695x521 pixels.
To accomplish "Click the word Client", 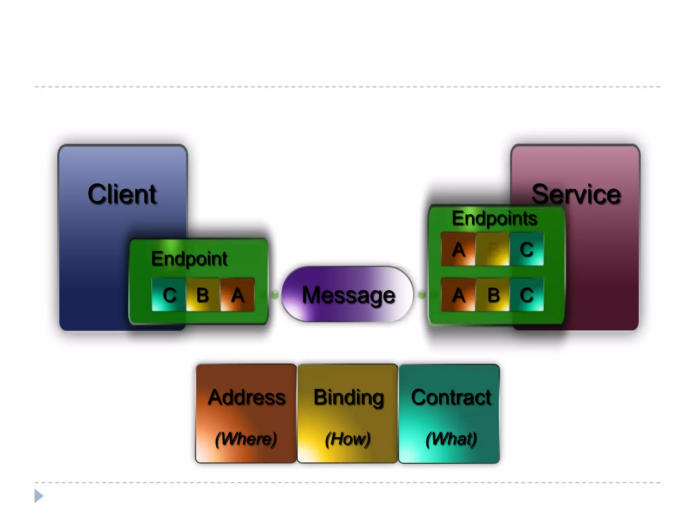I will [122, 194].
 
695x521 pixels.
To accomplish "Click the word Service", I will [576, 194].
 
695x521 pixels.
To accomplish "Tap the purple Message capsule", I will [347, 294].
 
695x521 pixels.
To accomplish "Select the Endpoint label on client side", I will [189, 259].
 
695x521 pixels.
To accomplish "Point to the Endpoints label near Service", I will [494, 218].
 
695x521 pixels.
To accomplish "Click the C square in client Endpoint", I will [169, 294].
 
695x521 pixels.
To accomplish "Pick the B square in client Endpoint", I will [203, 294].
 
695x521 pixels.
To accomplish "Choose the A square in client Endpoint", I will [237, 294].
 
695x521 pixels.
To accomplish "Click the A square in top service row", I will [458, 249].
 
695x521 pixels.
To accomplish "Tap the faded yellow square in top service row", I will [492, 249].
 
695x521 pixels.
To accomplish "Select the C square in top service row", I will [527, 249].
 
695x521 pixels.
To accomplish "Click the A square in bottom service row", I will [458, 294].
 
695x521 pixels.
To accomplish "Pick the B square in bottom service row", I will [493, 294].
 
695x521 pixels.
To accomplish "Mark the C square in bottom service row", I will [527, 294].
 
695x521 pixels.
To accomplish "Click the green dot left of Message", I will [275, 294].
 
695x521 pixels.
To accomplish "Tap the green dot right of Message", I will [422, 294].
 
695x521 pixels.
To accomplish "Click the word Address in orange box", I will [247, 397].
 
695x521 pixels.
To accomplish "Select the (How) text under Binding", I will [347, 439].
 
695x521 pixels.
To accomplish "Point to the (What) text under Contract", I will [451, 439].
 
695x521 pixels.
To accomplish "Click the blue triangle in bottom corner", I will [39, 496].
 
